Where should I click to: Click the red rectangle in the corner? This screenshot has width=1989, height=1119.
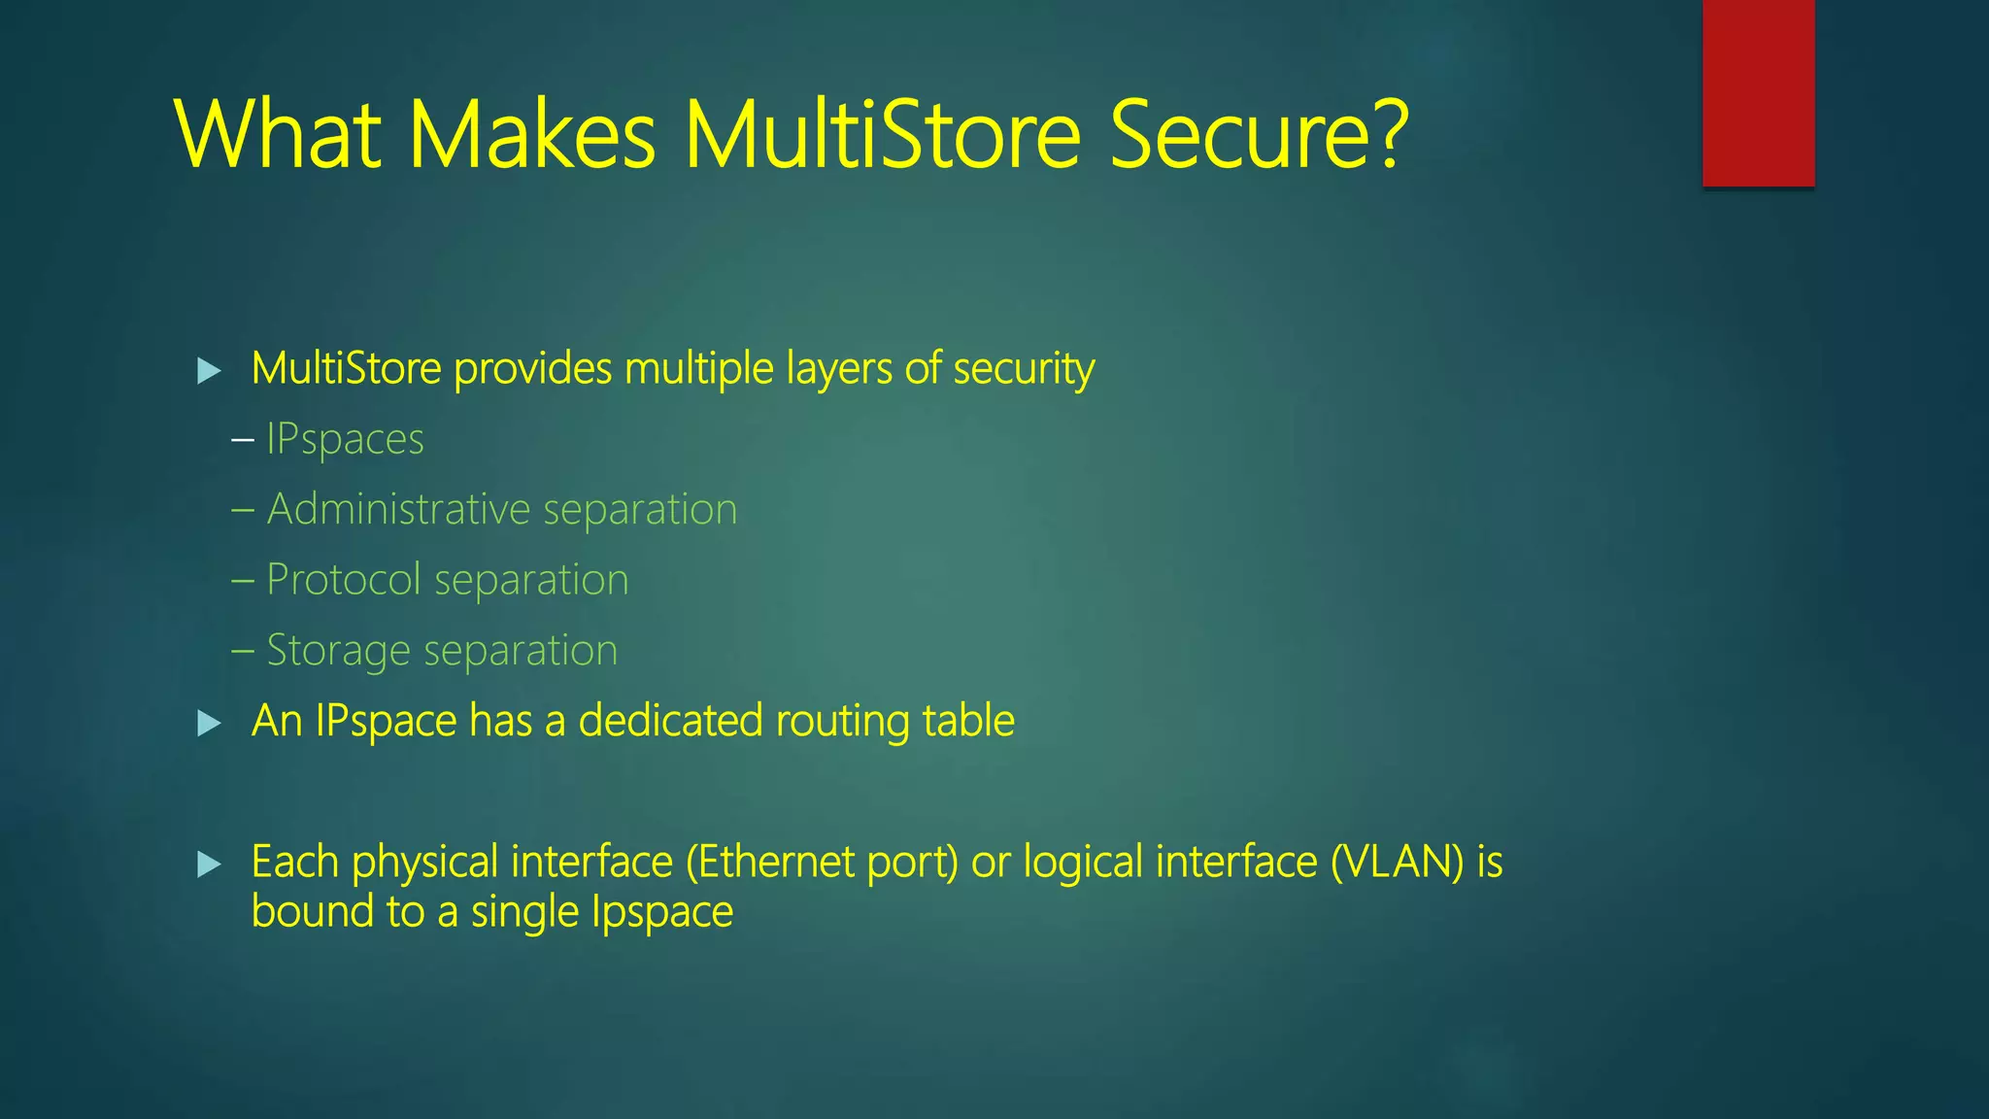tap(1758, 92)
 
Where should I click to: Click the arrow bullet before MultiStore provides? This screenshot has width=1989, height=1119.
tap(209, 370)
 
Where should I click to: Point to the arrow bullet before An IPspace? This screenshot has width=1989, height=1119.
tap(209, 723)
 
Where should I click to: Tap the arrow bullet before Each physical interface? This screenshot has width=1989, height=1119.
tap(209, 864)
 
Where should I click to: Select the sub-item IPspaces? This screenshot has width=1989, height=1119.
tap(345, 439)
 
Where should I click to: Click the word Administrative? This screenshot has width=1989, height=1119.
tap(398, 509)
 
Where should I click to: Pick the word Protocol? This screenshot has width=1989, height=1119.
tap(344, 580)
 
